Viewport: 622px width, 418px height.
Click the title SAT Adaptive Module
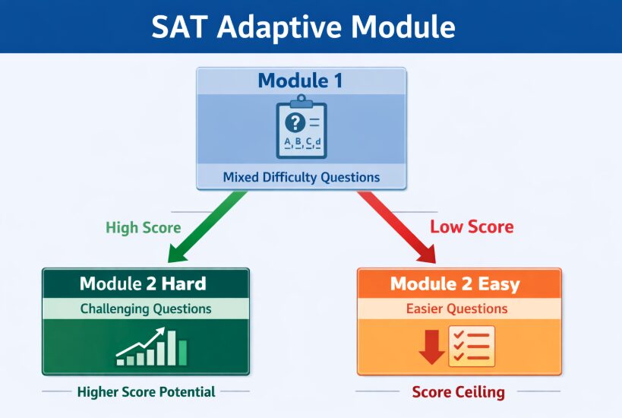tap(303, 27)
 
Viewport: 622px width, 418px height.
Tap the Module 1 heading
tap(300, 81)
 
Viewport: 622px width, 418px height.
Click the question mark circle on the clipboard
tap(295, 122)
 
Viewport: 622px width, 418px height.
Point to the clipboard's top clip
tap(302, 102)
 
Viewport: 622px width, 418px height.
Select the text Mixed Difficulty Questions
tap(302, 177)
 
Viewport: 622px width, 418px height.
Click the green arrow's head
tap(178, 253)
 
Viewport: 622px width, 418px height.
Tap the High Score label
tap(144, 227)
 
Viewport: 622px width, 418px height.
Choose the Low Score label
tap(472, 226)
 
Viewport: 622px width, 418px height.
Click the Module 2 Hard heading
tap(143, 283)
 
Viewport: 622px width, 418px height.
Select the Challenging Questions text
tap(146, 309)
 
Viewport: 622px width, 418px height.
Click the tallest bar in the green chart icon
tap(172, 348)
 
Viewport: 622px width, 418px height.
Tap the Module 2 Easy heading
tap(455, 283)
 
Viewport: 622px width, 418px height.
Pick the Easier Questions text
tap(457, 309)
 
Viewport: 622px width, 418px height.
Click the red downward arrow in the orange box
tap(431, 347)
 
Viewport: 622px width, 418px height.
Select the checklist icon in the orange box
tap(472, 346)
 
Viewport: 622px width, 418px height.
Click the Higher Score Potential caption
tap(146, 392)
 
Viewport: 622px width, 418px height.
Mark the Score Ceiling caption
tap(459, 392)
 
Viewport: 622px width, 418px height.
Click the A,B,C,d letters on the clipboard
tap(302, 142)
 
